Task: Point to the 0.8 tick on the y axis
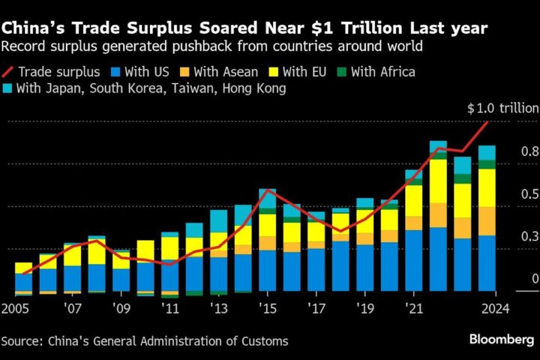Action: tap(529, 151)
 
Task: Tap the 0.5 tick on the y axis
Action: tap(529, 194)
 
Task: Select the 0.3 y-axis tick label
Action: tap(529, 237)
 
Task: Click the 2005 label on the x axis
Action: tap(16, 308)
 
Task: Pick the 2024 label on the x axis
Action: tap(496, 308)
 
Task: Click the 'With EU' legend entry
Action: tap(305, 72)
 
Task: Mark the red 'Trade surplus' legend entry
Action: tap(51, 72)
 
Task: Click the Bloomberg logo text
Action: tap(502, 340)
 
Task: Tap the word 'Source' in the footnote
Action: tap(22, 341)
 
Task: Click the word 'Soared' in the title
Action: tap(226, 28)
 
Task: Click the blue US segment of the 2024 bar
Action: tap(487, 262)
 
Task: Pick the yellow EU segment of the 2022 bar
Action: tap(438, 181)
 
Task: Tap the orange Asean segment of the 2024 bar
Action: tap(487, 220)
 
